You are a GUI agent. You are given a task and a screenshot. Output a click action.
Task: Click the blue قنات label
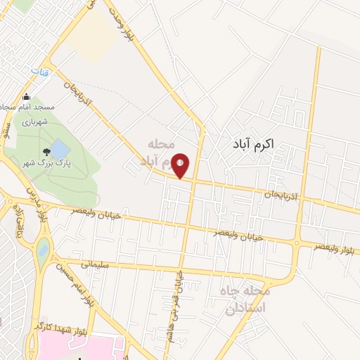[36, 72]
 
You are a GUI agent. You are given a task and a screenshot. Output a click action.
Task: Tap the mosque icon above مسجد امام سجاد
[27, 96]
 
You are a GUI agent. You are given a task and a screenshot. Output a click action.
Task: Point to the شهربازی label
[32, 121]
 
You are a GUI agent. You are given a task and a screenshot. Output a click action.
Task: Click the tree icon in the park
[46, 150]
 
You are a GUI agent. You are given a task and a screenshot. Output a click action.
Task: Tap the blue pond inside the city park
[60, 149]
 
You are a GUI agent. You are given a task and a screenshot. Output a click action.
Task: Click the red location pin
[181, 166]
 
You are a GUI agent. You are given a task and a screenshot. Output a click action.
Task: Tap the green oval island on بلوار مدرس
[44, 248]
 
